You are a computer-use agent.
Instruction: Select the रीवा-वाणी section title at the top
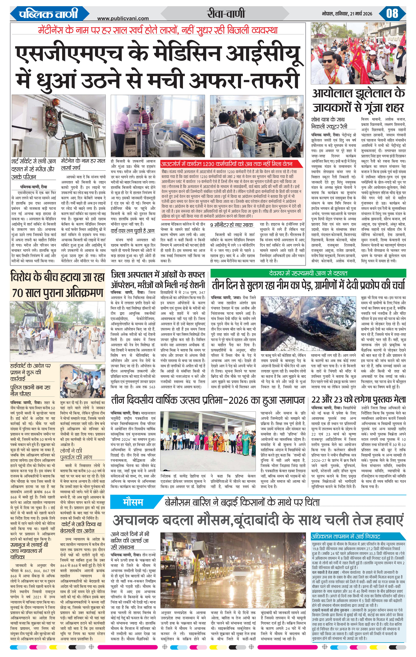tap(225, 14)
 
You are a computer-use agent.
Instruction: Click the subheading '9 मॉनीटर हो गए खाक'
tap(232, 225)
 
